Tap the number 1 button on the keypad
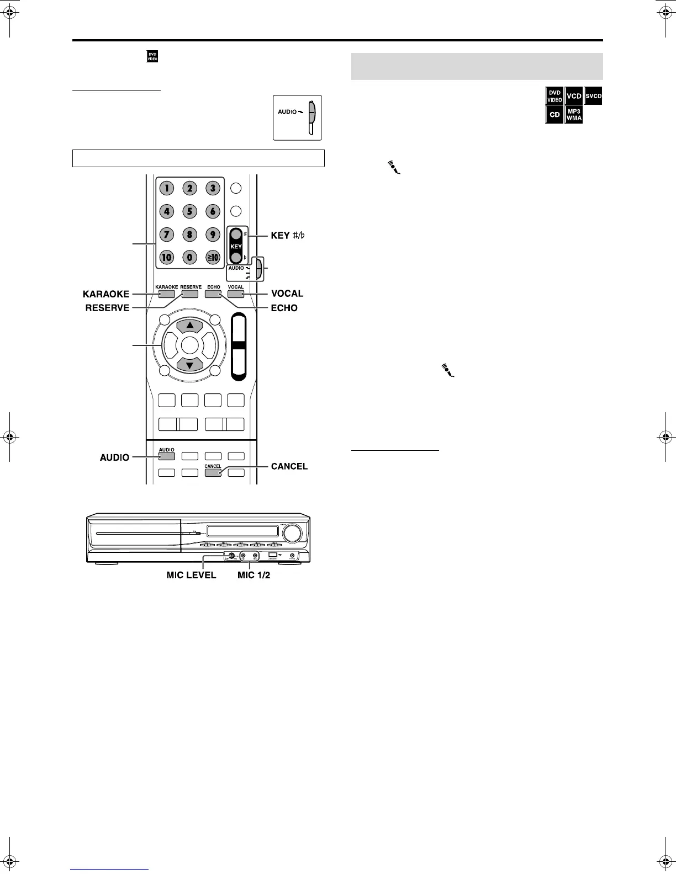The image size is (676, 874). (x=167, y=188)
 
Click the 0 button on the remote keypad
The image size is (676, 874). (x=190, y=257)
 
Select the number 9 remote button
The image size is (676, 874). (x=213, y=234)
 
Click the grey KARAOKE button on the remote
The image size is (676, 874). (x=166, y=294)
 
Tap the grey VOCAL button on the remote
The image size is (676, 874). (x=236, y=294)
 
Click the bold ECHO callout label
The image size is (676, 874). (x=284, y=308)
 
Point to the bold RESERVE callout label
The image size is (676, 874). (x=107, y=308)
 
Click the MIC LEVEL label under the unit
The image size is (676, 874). (x=192, y=575)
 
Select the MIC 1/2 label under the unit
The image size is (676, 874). (x=254, y=575)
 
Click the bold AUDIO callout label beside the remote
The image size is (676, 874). (x=114, y=457)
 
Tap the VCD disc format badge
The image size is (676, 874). (x=574, y=96)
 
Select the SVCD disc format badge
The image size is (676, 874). (x=593, y=96)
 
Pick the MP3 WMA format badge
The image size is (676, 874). (x=574, y=115)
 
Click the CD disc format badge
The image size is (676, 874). (x=554, y=115)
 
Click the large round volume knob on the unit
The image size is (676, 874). (x=292, y=533)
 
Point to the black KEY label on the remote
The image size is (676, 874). (x=236, y=247)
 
